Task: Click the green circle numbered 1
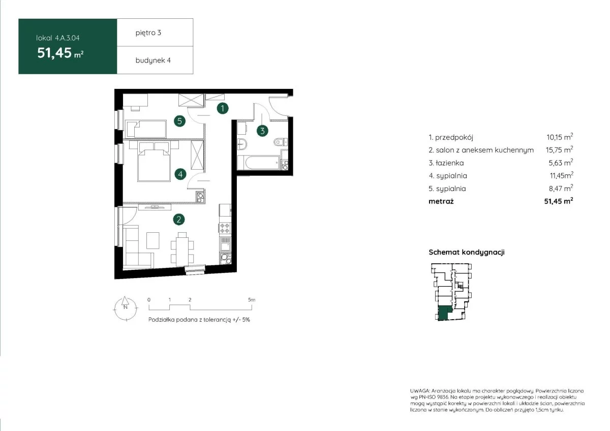pyautogui.click(x=223, y=108)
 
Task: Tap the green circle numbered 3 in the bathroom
pyautogui.click(x=262, y=131)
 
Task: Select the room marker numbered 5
pyautogui.click(x=179, y=121)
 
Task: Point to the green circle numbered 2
pyautogui.click(x=178, y=220)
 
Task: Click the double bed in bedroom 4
pyautogui.click(x=154, y=165)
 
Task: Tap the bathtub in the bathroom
pyautogui.click(x=258, y=163)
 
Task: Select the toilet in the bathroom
pyautogui.click(x=281, y=142)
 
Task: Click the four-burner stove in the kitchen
pyautogui.click(x=225, y=228)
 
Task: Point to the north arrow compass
pyautogui.click(x=125, y=309)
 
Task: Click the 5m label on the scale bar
pyautogui.click(x=252, y=300)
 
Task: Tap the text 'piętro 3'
pyautogui.click(x=148, y=33)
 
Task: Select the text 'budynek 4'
pyautogui.click(x=153, y=60)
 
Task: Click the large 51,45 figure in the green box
pyautogui.click(x=54, y=53)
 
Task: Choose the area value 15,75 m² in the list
pyautogui.click(x=559, y=150)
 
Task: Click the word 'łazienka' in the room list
pyautogui.click(x=449, y=163)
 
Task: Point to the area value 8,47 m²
pyautogui.click(x=561, y=188)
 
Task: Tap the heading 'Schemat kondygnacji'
pyautogui.click(x=467, y=252)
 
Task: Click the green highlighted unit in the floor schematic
pyautogui.click(x=444, y=313)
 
